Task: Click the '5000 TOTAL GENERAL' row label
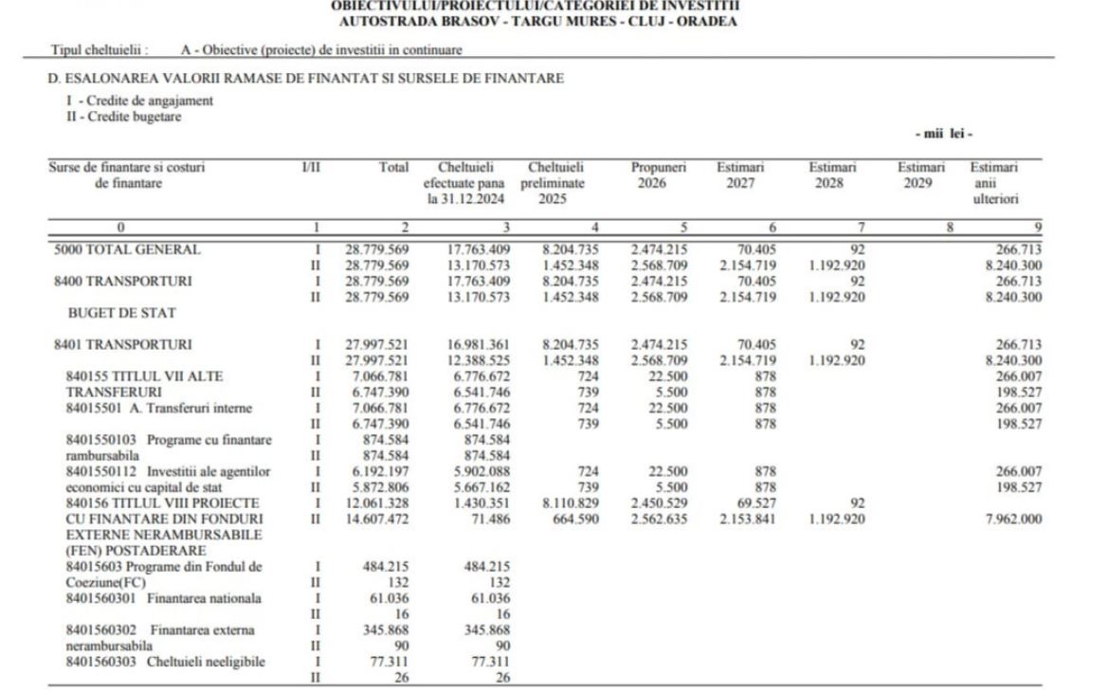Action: click(127, 249)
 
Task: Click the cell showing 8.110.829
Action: click(570, 502)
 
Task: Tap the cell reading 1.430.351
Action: click(479, 502)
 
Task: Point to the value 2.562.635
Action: click(658, 518)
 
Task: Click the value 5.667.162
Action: click(479, 486)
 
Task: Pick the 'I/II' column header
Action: click(310, 168)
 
